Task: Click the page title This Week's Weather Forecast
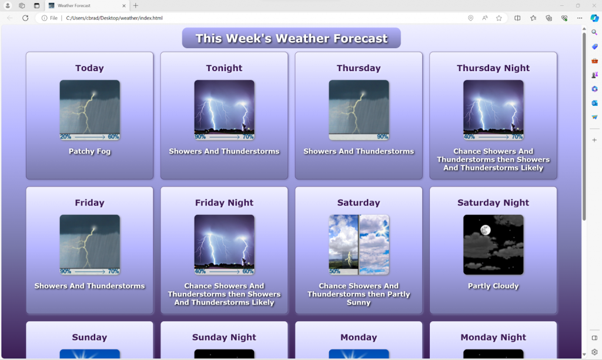(292, 39)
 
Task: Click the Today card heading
(89, 68)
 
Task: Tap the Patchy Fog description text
(89, 151)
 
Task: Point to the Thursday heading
(359, 68)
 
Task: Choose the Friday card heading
(89, 203)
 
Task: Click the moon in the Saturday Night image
(485, 229)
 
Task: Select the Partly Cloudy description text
(493, 286)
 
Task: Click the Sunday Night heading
(224, 338)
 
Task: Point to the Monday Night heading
(493, 338)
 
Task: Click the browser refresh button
(25, 18)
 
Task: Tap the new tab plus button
(136, 5)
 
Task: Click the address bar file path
(114, 18)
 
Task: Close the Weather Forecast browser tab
(123, 5)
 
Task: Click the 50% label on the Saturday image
(335, 272)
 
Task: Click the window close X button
(594, 5)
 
